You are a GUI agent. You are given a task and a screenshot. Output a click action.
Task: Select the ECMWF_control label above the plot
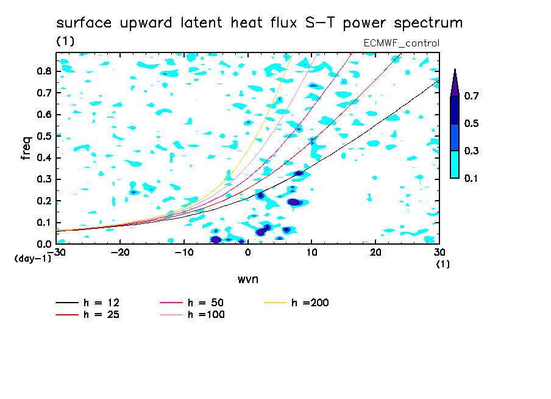pos(401,43)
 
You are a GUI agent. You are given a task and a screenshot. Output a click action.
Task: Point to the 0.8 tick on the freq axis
pos(44,71)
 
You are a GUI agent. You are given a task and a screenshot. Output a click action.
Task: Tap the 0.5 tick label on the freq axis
pos(44,136)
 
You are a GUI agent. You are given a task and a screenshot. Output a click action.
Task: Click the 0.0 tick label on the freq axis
pos(44,244)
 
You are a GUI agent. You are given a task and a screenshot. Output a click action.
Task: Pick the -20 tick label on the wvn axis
pos(120,253)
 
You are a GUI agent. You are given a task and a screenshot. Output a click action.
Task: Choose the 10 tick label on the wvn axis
pos(311,253)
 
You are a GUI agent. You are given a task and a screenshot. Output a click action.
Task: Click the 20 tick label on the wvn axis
pos(375,253)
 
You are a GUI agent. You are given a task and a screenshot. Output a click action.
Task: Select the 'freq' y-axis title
pos(26,148)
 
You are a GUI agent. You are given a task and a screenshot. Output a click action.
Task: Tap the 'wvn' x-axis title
pos(247,279)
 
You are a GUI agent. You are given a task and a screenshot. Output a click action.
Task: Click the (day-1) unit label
pos(33,259)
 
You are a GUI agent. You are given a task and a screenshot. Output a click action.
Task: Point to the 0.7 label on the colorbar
pos(471,96)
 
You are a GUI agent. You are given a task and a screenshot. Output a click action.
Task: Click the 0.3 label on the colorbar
pos(471,151)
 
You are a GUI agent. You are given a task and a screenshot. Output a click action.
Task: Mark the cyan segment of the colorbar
pos(455,164)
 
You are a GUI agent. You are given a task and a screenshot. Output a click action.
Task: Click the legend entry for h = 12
pos(88,303)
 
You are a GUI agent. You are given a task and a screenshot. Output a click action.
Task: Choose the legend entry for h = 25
pos(88,315)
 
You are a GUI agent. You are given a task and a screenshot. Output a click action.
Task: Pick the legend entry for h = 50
pos(192,303)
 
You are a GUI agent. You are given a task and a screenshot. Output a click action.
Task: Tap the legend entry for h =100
pos(192,315)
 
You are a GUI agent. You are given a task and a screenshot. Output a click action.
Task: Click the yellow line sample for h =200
pos(275,303)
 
